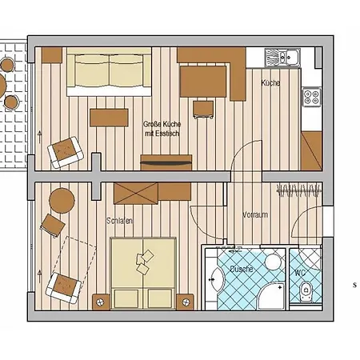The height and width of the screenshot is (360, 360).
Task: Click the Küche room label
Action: pos(270,83)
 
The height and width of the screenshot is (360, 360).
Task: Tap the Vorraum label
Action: pos(255,214)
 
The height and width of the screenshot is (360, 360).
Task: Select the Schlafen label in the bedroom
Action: pos(120,221)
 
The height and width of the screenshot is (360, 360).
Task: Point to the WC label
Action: pos(300,273)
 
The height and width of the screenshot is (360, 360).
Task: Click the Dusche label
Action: pos(242,269)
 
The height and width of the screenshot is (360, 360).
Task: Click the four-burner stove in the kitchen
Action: pos(312,97)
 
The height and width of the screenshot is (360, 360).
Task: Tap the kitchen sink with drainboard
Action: pos(282,57)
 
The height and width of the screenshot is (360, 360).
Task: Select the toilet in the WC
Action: pos(306,291)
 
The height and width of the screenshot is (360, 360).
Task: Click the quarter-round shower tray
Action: pos(271,296)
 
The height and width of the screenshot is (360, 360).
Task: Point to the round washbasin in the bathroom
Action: pos(273,262)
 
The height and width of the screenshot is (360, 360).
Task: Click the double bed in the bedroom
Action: pos(143,274)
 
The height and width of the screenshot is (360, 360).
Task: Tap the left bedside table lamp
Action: pos(100,302)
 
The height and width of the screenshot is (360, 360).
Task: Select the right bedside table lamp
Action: pos(186,302)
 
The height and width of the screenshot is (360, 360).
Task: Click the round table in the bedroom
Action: pos(62,201)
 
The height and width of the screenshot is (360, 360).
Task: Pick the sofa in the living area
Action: pos(109,72)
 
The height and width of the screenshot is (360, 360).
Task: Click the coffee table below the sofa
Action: pos(109,118)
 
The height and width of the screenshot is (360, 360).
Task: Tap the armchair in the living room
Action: pos(66,152)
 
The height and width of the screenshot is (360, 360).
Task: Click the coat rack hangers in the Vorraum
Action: pos(298,190)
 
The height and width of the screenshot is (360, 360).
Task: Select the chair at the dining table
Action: pos(203,110)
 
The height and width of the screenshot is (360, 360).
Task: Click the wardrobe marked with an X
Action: pos(136,194)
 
